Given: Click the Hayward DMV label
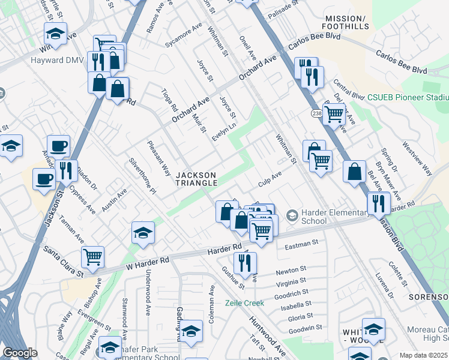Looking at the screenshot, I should pos(32,61).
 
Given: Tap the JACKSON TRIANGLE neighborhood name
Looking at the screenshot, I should pos(196,178).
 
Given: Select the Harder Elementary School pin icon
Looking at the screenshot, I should pos(292,215).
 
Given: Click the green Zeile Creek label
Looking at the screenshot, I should pos(244,303).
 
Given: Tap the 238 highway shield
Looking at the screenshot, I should pos(317,113).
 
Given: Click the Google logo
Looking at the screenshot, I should pos(20,353).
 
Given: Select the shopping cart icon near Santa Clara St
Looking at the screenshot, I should pos(92,257).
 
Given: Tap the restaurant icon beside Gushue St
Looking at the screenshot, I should pos(245,262).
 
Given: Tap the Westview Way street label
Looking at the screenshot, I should pos(417,158).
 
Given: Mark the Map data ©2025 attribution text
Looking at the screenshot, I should pos(423,355).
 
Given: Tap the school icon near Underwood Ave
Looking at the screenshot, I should pos(143,233).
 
